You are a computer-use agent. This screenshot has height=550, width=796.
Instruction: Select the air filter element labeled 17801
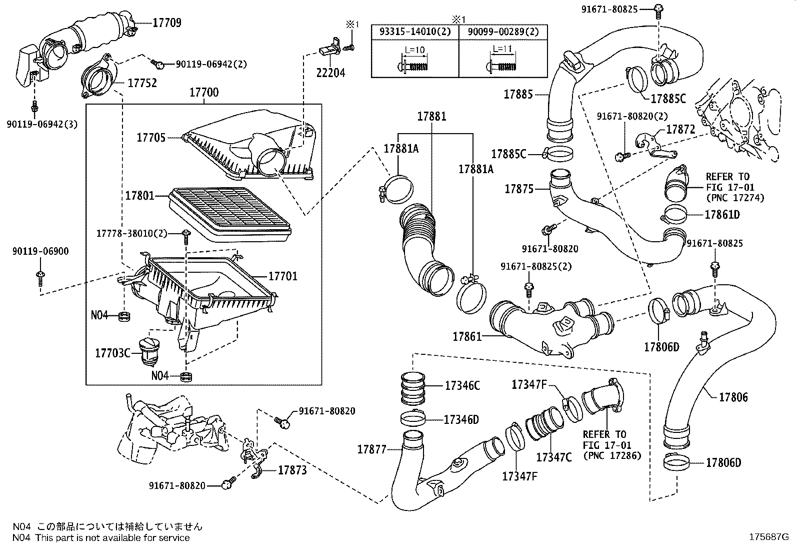point(230,213)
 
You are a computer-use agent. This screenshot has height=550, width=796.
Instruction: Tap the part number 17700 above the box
point(203,93)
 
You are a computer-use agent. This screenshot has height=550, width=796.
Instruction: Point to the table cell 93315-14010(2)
point(414,32)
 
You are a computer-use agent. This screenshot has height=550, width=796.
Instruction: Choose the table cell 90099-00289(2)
point(502,32)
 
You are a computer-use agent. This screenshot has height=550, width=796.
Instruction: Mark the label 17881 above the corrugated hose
point(432,117)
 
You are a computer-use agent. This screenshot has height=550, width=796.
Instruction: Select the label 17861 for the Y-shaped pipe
point(467,337)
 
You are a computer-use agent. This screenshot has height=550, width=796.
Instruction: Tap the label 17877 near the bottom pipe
point(371,449)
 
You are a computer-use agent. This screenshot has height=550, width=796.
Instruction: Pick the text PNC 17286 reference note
point(611,456)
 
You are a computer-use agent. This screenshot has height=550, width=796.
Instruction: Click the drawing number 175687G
point(767,537)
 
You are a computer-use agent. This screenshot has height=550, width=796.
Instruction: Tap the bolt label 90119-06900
point(40,252)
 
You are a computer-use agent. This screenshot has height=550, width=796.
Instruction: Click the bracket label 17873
point(292,470)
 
